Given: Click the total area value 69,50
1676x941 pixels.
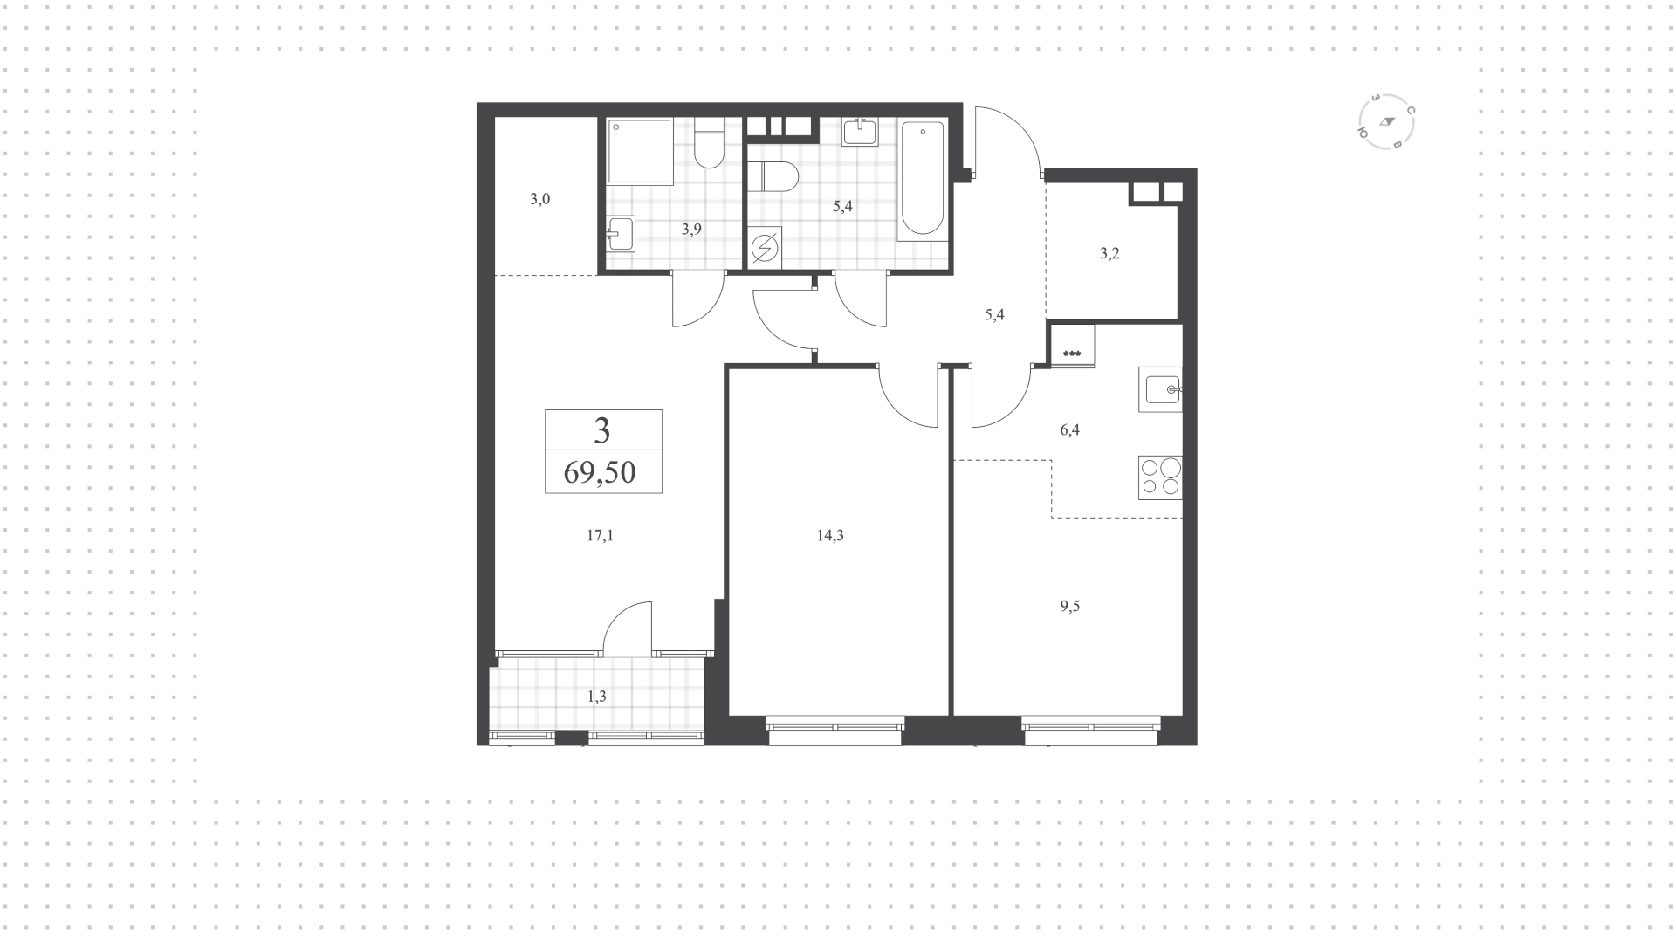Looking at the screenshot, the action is (x=600, y=472).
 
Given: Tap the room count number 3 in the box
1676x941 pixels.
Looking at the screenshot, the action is (x=602, y=430).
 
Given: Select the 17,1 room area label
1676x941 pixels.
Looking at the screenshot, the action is (x=600, y=536).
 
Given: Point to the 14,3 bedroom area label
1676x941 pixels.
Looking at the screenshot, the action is (x=830, y=536).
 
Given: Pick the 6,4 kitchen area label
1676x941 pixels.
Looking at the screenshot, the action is (x=1069, y=429).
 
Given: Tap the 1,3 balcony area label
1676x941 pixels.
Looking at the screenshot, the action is (x=597, y=697).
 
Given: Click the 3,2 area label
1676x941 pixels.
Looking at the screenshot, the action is (x=1109, y=254).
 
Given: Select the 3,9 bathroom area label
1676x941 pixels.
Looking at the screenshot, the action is (x=691, y=230).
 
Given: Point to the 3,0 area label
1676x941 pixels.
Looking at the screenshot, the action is (x=540, y=199).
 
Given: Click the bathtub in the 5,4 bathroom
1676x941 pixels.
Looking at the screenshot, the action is (x=922, y=180).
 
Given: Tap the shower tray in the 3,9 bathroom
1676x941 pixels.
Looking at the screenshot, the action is (x=640, y=152).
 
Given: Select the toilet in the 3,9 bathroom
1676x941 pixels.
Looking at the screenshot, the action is (x=709, y=147).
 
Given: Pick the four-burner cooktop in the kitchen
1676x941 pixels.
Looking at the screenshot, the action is (x=1160, y=477).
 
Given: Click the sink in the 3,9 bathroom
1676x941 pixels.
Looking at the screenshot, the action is (x=621, y=233).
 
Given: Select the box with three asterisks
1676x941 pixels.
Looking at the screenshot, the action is (x=1072, y=345).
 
